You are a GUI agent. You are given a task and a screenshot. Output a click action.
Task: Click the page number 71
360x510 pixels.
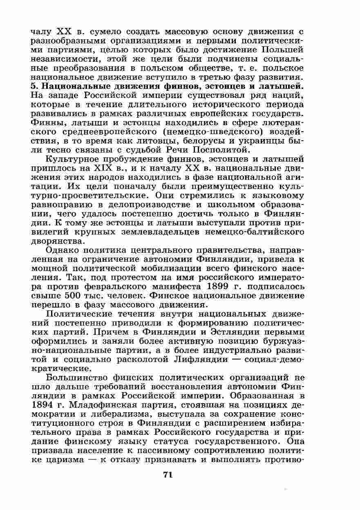[x=168, y=475]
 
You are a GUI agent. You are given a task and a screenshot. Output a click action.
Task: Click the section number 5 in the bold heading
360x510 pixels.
[x=34, y=86]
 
